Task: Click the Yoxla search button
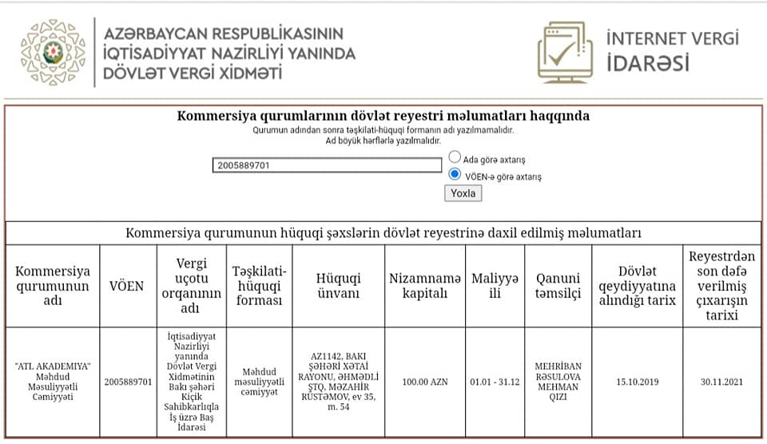463,193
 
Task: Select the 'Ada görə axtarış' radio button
455,157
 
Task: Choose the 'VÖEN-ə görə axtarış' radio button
455,174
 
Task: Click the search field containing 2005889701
328,165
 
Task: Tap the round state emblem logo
53,53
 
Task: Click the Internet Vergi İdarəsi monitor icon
565,52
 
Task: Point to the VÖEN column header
126,286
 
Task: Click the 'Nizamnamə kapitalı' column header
424,286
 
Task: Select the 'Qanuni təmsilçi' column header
558,286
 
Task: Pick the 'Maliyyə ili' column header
495,286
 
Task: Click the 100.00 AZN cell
424,382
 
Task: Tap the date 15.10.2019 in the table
637,382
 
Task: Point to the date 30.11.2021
721,382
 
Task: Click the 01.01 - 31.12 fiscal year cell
495,382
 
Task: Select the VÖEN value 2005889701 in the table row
128,382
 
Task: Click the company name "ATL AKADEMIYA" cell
53,381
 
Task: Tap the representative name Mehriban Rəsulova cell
558,382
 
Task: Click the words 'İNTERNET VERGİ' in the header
672,38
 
